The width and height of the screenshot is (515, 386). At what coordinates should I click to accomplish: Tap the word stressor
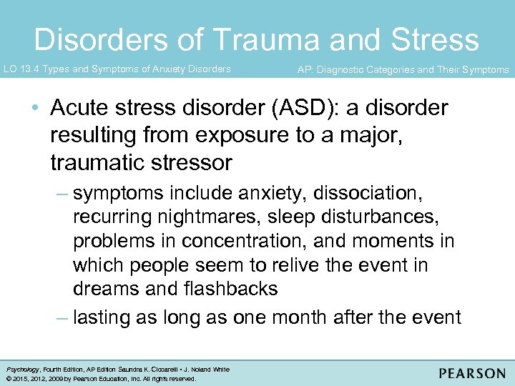(x=194, y=162)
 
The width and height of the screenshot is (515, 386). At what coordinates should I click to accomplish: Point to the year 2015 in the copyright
(x=16, y=379)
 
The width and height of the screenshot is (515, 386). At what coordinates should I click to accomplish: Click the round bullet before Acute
(x=35, y=109)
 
